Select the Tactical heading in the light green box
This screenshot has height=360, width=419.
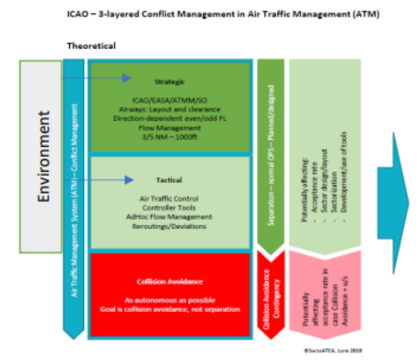[169, 180]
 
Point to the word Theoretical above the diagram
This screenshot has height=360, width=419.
[91, 46]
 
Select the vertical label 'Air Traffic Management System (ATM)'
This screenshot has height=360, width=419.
[74, 234]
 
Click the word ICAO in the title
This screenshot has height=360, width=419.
[78, 14]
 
